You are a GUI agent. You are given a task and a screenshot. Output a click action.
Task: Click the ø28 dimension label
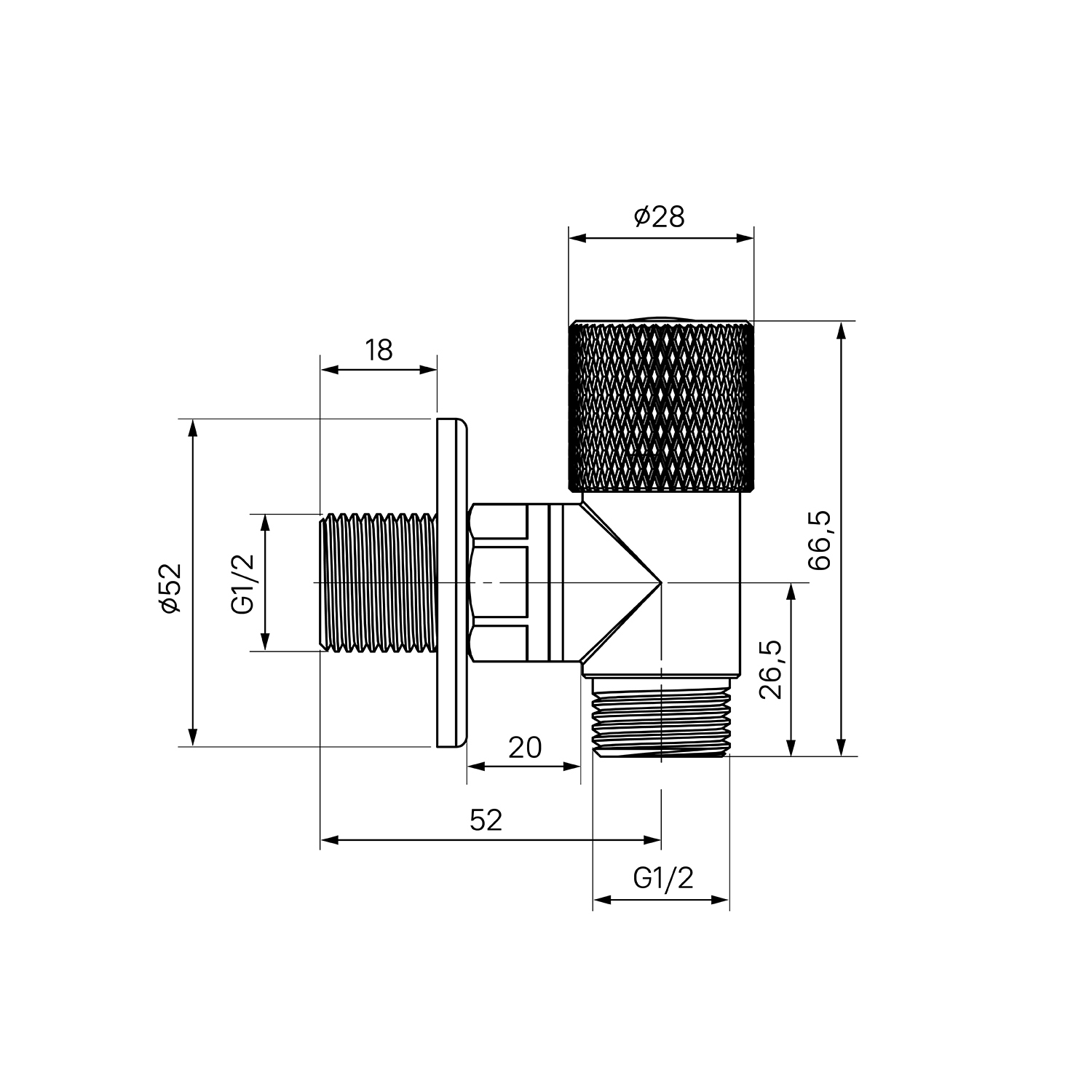coord(660,216)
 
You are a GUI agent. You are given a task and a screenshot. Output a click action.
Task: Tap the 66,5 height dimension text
coord(819,539)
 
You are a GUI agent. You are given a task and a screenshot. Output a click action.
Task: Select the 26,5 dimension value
coord(769,669)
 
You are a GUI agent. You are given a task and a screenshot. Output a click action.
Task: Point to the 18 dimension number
coord(379,350)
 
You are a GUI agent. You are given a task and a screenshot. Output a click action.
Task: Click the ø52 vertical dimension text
coord(170,588)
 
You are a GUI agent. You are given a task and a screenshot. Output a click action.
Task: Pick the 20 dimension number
coord(525,748)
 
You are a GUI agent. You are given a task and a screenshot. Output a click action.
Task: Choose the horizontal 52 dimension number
coord(486,820)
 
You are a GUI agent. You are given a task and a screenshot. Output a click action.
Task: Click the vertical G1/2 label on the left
coord(243,582)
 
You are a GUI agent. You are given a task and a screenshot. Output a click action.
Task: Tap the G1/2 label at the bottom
coord(662,879)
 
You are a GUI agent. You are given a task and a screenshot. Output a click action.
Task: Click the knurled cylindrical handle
coord(660,405)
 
